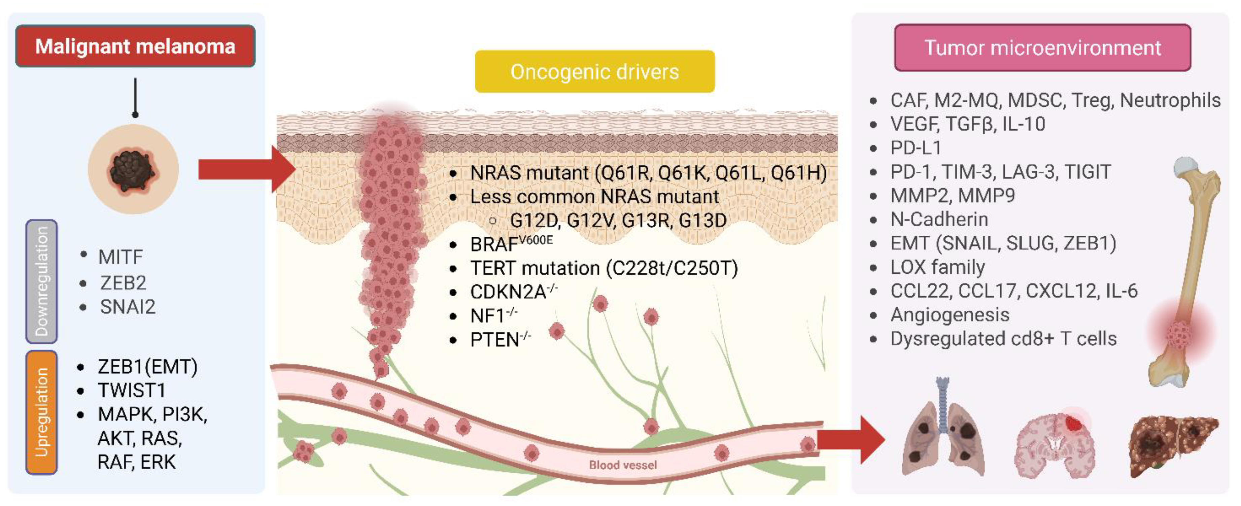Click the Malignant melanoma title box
point(135,46)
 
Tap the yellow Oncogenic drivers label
point(594,71)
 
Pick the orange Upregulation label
point(41,412)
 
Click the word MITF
point(120,257)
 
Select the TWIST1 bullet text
point(132,390)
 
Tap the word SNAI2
point(128,307)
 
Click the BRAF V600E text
point(511,243)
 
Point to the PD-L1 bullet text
point(915,148)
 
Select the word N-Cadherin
point(939,219)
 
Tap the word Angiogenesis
point(950,315)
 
